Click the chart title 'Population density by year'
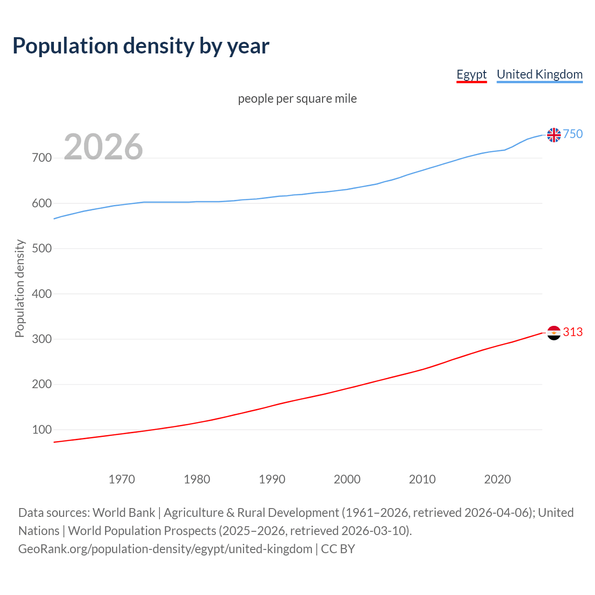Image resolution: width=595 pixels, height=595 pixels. tap(141, 46)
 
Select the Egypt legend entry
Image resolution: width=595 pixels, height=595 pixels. tap(471, 74)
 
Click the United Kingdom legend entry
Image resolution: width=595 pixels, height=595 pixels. tap(539, 74)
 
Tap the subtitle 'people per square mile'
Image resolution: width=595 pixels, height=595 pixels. tap(297, 99)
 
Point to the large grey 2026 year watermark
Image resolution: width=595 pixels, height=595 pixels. tap(103, 147)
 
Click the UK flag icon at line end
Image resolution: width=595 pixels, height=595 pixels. tap(554, 135)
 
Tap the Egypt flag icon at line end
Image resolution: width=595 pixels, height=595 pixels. tap(554, 333)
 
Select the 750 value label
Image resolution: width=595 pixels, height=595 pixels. tap(573, 134)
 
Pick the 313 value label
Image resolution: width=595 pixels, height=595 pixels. tap(573, 332)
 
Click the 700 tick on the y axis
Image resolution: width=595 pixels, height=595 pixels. tap(42, 158)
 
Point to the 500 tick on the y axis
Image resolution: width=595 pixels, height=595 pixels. tap(42, 249)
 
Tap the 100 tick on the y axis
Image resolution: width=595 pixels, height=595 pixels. tap(42, 430)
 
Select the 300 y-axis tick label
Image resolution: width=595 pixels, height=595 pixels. tap(42, 339)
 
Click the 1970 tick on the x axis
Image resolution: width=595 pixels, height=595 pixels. tap(122, 479)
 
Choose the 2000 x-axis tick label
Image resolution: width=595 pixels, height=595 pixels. tap(347, 479)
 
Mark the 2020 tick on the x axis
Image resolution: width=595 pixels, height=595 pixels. tap(497, 479)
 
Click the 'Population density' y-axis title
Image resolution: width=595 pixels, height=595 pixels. tap(20, 288)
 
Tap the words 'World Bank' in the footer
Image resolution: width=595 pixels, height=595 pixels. tap(124, 513)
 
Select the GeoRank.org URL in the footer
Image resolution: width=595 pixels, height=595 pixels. tap(165, 549)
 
